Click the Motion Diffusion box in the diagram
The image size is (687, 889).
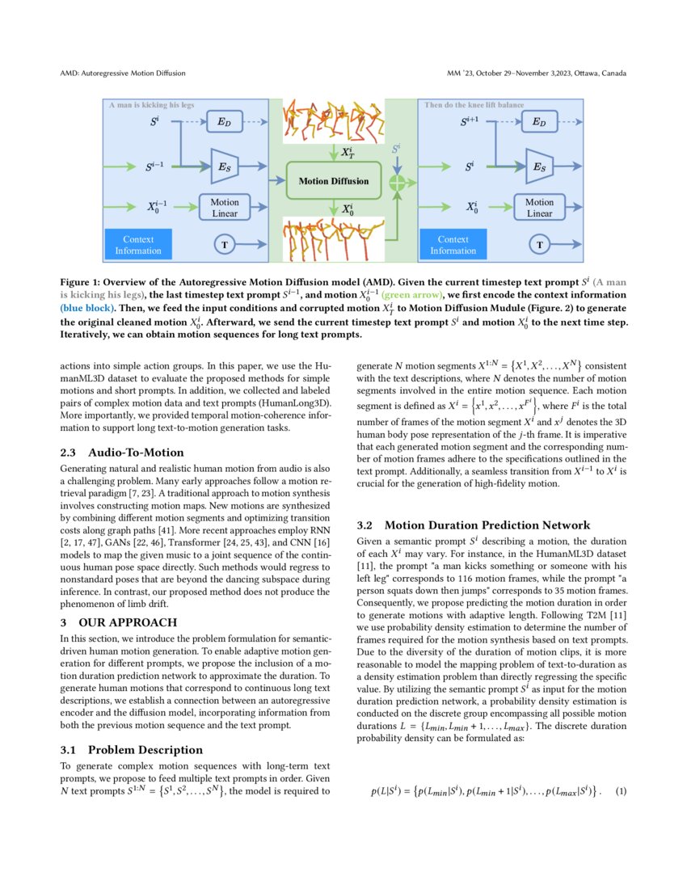333,181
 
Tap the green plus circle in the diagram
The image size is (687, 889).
396,182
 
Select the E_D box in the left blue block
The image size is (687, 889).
225,123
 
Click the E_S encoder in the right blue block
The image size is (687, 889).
538,167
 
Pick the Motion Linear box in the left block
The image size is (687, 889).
225,208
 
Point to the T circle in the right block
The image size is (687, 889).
540,244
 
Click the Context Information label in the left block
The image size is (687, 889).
137,245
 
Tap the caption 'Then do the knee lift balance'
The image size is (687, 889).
474,105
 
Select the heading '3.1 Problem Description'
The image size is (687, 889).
133,749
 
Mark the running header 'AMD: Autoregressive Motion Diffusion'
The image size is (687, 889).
123,74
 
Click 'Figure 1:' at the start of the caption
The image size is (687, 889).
82,284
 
